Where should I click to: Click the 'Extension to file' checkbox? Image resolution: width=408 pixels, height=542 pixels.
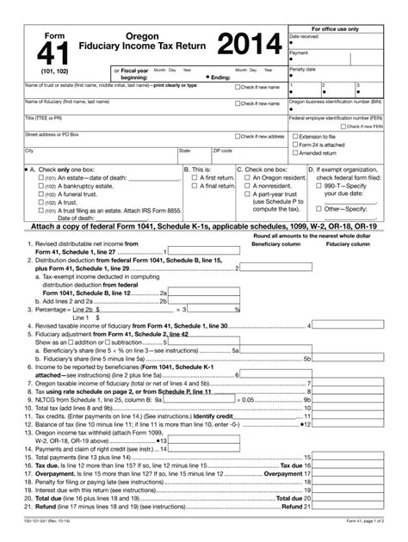point(294,137)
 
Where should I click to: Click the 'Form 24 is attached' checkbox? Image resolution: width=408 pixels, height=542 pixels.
point(294,145)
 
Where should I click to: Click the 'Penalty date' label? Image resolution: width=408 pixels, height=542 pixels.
point(305,67)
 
